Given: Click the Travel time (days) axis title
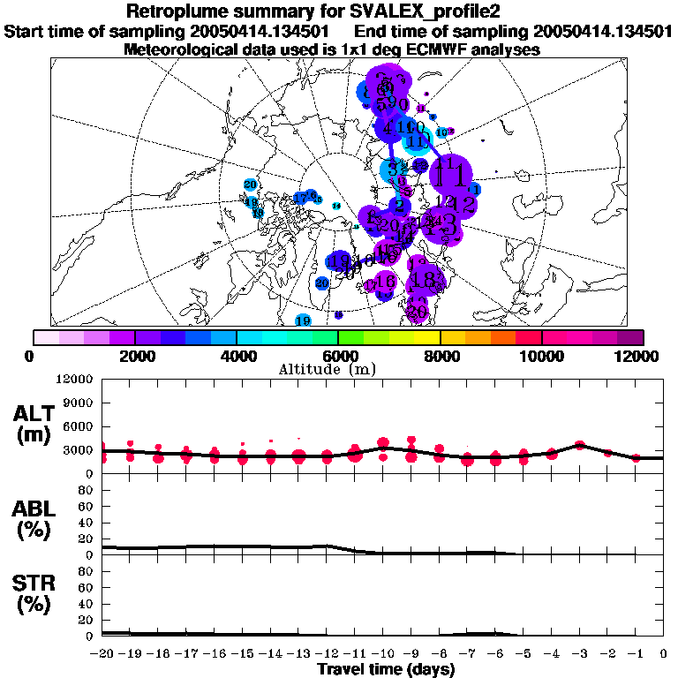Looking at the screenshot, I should coord(386,670).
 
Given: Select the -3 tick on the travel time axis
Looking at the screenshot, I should coord(579,654).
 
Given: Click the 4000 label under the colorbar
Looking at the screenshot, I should coord(235,356).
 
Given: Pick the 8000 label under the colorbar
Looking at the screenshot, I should coord(440,356).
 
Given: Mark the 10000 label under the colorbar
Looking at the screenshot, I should coord(541,356).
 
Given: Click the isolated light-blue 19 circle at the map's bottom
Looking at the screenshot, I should coord(303,320).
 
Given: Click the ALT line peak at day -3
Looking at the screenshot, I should coord(579,444).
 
